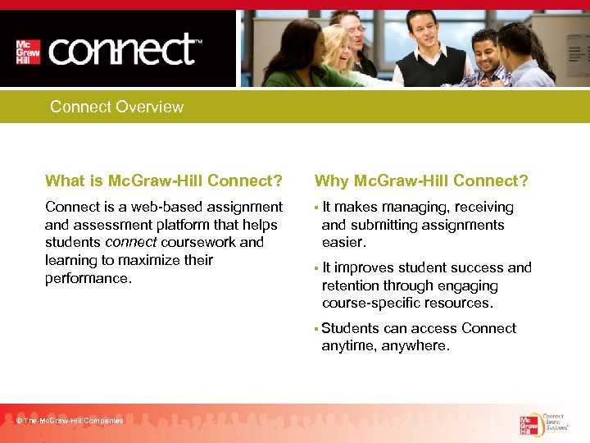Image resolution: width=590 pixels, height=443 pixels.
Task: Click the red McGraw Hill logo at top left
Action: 29,52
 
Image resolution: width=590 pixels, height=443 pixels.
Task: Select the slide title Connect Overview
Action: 116,107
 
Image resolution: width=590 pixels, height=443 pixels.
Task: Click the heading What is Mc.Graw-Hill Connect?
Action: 164,180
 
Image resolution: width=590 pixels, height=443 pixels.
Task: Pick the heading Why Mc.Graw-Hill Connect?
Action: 421,180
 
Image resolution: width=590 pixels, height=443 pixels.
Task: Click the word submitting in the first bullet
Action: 384,225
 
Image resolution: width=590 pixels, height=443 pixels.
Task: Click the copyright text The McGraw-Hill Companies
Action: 70,421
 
